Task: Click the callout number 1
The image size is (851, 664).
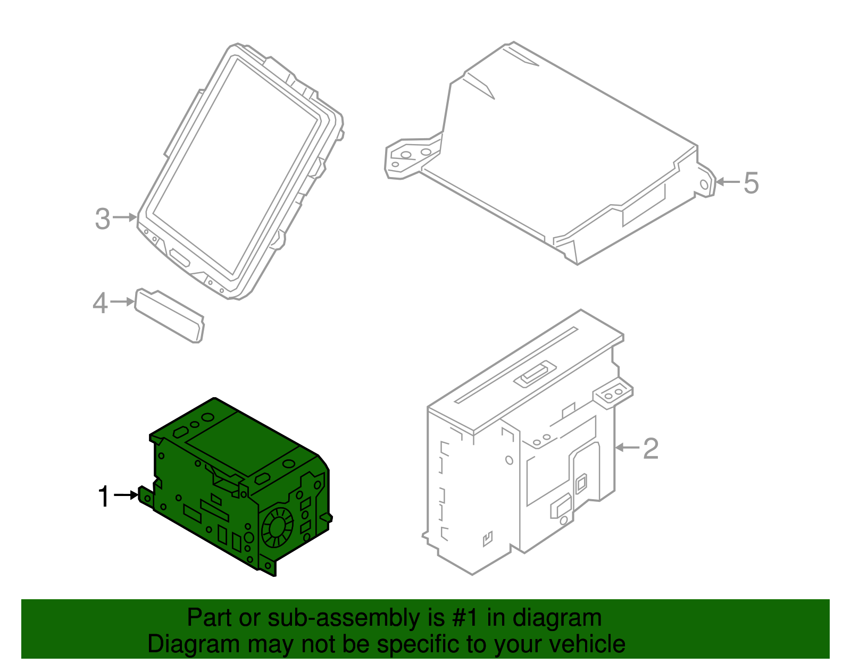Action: pyautogui.click(x=104, y=497)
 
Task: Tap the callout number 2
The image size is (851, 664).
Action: pyautogui.click(x=650, y=449)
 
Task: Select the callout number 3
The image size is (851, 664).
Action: pyautogui.click(x=103, y=219)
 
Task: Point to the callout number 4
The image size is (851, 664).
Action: pyautogui.click(x=100, y=304)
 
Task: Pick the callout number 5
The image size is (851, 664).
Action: pyautogui.click(x=751, y=183)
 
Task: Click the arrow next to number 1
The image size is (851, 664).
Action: pyautogui.click(x=126, y=495)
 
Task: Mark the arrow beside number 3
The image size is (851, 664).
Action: pyautogui.click(x=125, y=217)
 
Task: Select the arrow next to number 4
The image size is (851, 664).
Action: pyautogui.click(x=123, y=301)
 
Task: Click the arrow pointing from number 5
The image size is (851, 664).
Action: pyautogui.click(x=728, y=182)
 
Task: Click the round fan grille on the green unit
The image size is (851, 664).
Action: pyautogui.click(x=277, y=527)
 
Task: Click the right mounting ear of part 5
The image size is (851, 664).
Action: pyautogui.click(x=705, y=182)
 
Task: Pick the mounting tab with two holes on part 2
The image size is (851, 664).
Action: pyautogui.click(x=613, y=393)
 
